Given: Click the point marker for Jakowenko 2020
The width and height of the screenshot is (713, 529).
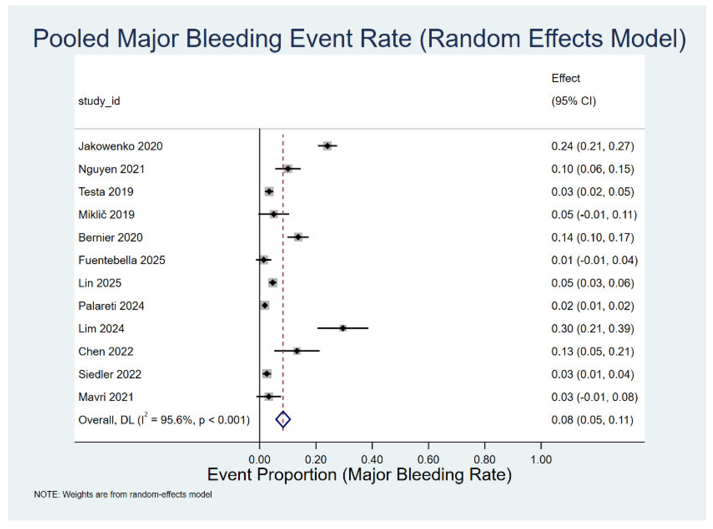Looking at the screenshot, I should click(327, 146).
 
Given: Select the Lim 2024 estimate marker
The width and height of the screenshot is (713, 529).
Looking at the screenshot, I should click(343, 328).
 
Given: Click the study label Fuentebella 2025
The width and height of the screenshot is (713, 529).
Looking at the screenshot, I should click(121, 260).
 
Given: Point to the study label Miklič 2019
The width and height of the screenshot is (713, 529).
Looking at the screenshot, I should click(106, 214).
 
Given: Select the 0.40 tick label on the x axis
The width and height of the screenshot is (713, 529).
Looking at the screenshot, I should click(372, 459).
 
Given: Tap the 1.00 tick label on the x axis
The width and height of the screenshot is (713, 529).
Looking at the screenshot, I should click(541, 459).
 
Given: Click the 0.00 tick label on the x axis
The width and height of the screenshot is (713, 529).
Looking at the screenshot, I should click(259, 459).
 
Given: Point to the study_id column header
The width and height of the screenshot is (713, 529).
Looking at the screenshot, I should click(99, 101).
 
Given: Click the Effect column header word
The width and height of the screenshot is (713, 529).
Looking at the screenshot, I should click(565, 78).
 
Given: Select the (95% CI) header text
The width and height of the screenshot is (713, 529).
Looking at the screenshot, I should click(573, 101).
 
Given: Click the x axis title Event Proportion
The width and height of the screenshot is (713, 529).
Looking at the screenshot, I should click(359, 474).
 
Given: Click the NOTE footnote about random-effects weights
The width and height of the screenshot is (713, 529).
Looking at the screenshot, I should click(123, 494).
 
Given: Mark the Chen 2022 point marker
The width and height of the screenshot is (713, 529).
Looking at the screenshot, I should click(297, 351).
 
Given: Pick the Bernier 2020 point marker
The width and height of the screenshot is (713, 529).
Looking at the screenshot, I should click(298, 237).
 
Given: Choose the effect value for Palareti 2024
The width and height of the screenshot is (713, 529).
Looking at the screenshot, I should click(592, 306).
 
